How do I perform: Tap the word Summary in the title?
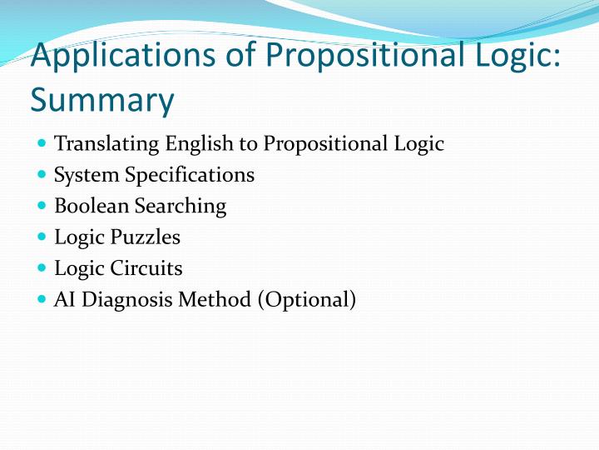102,101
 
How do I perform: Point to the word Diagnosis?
121,298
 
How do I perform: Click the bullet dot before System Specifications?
42,175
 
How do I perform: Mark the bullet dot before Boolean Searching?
42,206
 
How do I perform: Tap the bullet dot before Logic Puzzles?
42,237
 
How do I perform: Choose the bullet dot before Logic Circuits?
42,267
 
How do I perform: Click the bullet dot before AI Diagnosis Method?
42,298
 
